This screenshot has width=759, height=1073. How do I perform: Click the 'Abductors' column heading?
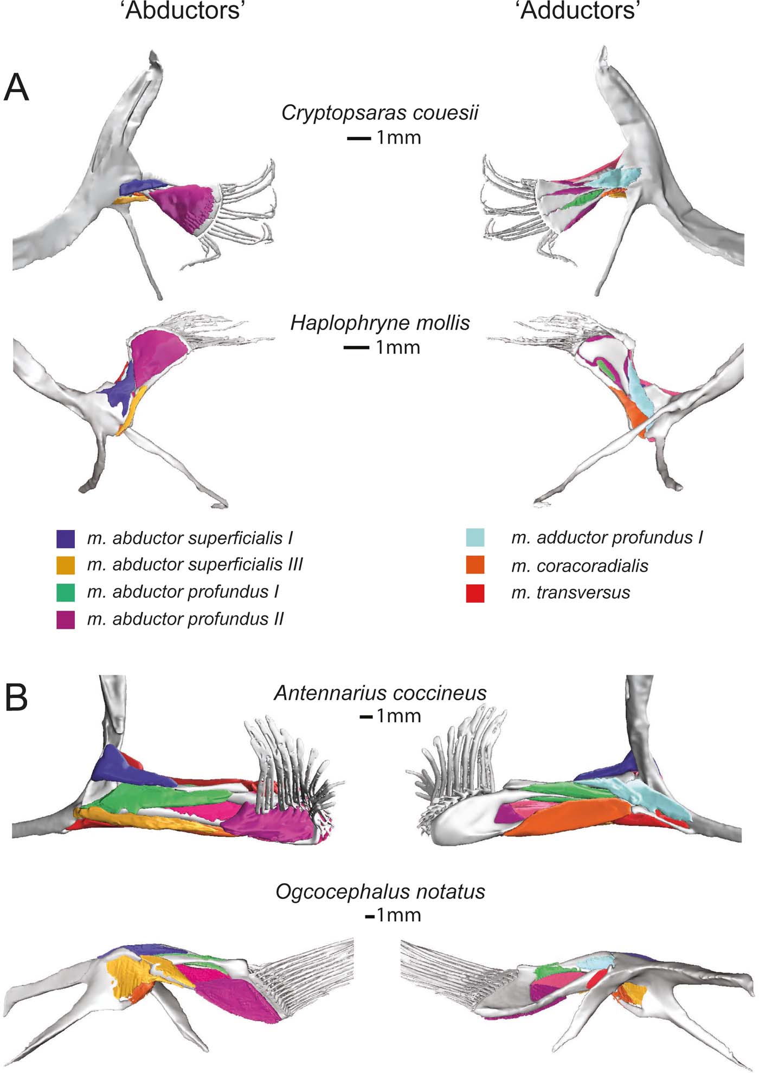click(183, 10)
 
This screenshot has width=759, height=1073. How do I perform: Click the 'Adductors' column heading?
click(579, 10)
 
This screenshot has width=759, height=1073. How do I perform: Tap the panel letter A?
click(16, 88)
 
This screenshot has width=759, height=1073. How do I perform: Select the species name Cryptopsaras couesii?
click(380, 113)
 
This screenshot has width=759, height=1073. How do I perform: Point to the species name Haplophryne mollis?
click(380, 323)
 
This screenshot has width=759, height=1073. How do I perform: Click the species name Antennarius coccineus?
click(380, 693)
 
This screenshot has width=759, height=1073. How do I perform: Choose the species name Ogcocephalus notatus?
click(380, 891)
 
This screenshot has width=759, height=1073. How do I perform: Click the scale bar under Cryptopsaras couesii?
click(359, 139)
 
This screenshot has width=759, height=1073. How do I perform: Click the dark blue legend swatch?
click(66, 539)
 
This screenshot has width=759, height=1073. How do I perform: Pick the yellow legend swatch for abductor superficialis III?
click(66, 565)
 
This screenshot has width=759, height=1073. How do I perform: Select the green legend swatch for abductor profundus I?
click(66, 592)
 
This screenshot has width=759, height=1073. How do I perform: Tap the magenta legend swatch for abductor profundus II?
click(66, 619)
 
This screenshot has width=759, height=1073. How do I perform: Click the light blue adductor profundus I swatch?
click(475, 538)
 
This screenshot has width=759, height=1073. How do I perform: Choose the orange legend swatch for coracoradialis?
click(475, 565)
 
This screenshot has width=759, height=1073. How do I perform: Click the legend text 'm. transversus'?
click(570, 592)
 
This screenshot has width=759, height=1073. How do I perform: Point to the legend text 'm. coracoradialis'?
click(580, 566)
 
